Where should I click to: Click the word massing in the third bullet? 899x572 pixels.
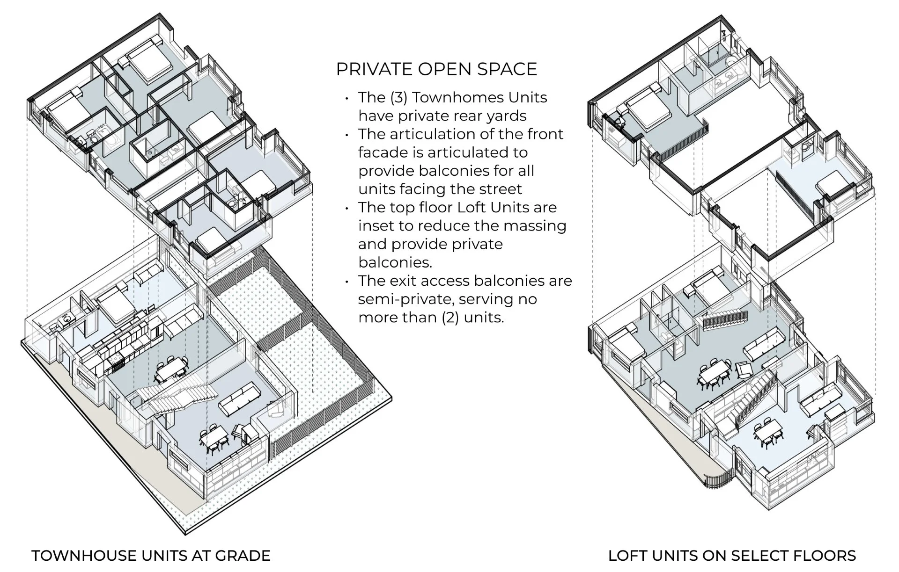pos(538,226)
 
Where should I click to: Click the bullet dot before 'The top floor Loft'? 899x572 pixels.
pos(347,209)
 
